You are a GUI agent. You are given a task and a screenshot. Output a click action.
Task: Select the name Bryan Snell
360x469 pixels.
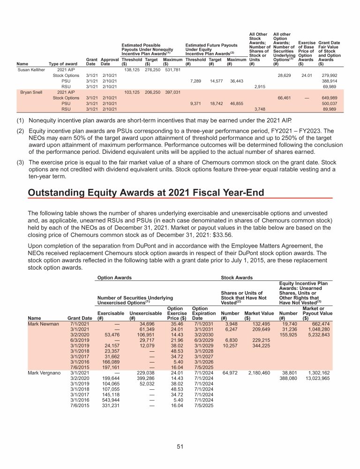click(30, 92)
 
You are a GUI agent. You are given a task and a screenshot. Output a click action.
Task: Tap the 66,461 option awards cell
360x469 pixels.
click(286, 98)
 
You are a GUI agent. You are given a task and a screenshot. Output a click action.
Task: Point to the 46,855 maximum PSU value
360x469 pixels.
click(236, 103)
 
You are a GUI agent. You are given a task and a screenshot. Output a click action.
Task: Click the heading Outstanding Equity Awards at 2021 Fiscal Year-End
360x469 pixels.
click(146, 193)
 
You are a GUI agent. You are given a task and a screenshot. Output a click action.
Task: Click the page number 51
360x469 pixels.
click(180, 446)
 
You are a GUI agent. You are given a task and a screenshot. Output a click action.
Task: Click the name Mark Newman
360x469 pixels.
click(44, 324)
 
